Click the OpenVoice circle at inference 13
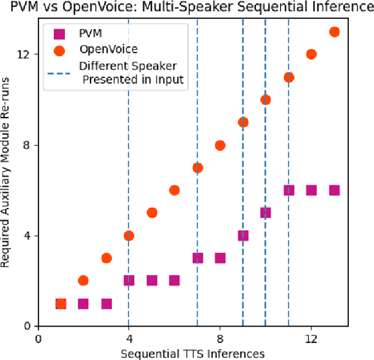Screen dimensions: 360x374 click(x=334, y=32)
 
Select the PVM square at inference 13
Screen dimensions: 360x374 click(x=334, y=190)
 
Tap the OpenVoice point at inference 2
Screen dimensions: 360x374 click(x=83, y=281)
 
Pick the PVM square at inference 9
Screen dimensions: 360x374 click(x=243, y=236)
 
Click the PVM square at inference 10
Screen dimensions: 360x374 click(x=265, y=213)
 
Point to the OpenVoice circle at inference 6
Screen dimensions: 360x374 click(x=174, y=190)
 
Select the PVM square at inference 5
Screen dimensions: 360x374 click(x=151, y=281)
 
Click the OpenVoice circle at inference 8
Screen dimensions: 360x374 click(x=220, y=145)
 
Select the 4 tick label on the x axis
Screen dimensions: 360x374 click(x=129, y=338)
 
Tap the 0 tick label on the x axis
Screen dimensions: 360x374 click(x=38, y=338)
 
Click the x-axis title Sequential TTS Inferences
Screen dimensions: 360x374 click(x=193, y=352)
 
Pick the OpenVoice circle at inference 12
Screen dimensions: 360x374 click(x=311, y=54)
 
